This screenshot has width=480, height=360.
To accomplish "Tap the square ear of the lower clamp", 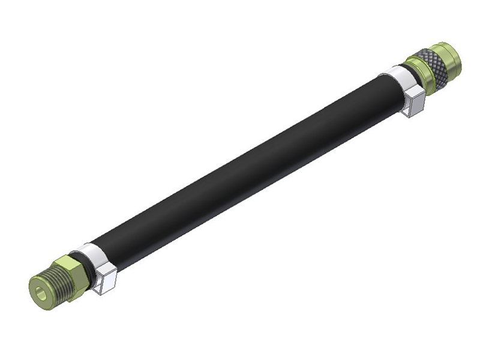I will (106, 278).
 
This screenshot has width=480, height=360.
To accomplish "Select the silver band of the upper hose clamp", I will (397, 76).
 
